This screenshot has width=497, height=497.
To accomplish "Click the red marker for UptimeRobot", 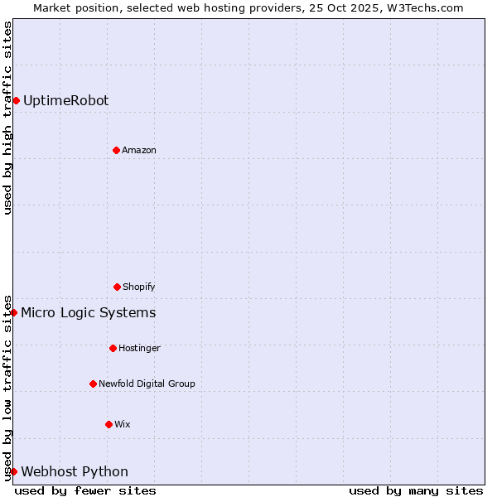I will (16, 100).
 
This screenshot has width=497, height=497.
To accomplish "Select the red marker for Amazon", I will (116, 150).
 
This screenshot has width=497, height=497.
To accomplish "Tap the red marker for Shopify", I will (117, 287).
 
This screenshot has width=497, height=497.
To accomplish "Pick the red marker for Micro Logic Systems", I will (13, 312).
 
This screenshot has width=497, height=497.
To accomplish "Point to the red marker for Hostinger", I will (113, 348).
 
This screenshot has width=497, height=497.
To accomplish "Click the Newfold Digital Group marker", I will (93, 384).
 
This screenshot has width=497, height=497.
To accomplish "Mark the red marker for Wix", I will (109, 424).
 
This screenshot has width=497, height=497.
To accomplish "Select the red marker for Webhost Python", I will (13, 471).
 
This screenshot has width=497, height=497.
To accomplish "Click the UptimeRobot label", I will (65, 100).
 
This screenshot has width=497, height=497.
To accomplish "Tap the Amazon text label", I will (139, 150).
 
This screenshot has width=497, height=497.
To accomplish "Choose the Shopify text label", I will (139, 287).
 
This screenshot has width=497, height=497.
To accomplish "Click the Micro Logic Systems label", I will (88, 312).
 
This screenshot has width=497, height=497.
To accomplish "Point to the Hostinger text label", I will (139, 348).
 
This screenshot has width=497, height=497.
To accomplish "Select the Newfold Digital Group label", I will (147, 384).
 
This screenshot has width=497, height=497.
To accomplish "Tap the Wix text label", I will (123, 424).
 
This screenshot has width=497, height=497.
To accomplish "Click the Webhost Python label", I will (75, 471).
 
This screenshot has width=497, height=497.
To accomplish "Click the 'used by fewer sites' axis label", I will (85, 490).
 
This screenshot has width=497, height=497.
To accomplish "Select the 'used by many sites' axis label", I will (416, 490).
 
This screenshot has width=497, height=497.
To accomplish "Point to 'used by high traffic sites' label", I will (7, 118).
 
